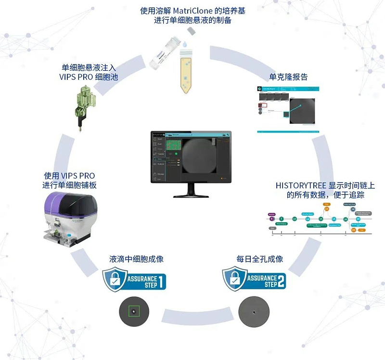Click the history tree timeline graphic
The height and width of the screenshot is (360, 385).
[x=318, y=219]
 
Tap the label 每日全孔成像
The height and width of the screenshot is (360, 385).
[x=259, y=259]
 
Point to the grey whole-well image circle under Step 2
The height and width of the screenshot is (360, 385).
[x=253, y=311]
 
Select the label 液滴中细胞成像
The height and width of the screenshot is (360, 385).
[x=136, y=259]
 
